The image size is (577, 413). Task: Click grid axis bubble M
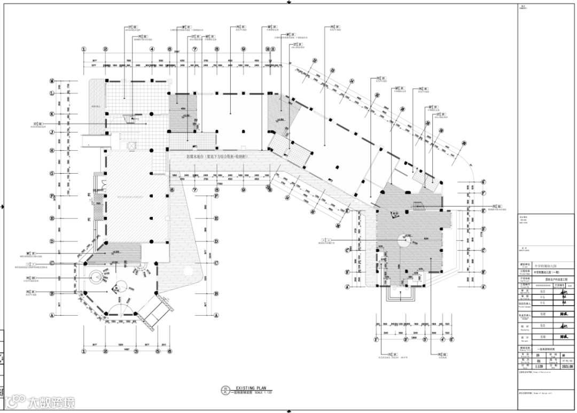click(x=52, y=81)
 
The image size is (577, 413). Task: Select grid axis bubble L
click(x=52, y=93)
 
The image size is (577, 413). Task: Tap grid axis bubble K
click(x=52, y=114)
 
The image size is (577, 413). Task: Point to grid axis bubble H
click(x=52, y=151)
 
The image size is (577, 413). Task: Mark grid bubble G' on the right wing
click(x=483, y=182)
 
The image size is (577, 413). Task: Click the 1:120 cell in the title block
click(x=525, y=367)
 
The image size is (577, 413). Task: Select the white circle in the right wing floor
click(x=402, y=241)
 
